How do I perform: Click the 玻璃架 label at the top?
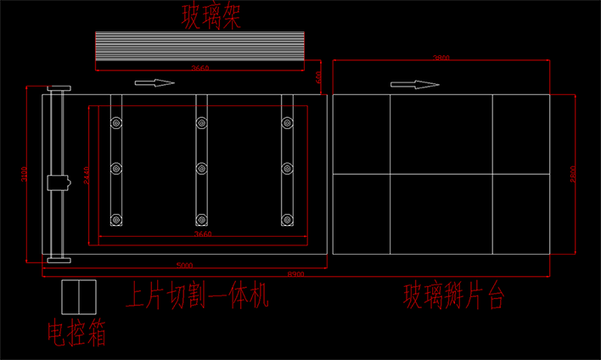point(211,16)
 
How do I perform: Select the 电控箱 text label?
point(76,333)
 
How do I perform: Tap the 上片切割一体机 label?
point(197,296)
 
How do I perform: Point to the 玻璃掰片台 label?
point(454,296)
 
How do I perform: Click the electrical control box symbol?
point(79,295)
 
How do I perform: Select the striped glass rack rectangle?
point(199,50)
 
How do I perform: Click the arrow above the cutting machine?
point(155,82)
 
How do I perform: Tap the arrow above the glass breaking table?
point(414,84)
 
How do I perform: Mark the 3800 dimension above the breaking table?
point(441,58)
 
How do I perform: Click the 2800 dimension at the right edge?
point(573,173)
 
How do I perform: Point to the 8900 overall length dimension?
point(296,274)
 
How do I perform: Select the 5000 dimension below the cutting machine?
point(184,264)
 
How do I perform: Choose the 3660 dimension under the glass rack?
point(200,68)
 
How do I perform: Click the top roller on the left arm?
point(115,124)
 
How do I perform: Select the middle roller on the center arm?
point(201,168)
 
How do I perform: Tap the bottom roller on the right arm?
point(288,220)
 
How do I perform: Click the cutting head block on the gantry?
point(58,182)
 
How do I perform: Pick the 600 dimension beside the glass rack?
point(319,76)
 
